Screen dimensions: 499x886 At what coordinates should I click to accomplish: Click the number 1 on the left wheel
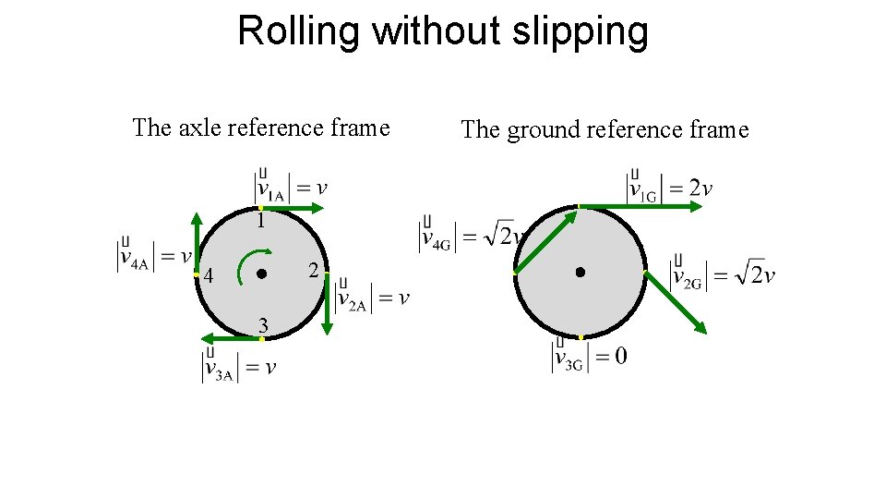point(261,222)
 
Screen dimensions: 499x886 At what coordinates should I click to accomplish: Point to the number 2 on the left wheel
point(314,272)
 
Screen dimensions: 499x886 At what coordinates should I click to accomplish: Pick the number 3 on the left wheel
point(263,325)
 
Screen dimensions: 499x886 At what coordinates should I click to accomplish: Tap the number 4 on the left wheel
point(210,276)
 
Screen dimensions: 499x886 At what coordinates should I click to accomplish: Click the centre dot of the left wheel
point(261,274)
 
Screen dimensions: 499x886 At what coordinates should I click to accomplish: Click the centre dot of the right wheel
point(580,272)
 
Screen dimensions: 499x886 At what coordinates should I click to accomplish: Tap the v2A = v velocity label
point(373,296)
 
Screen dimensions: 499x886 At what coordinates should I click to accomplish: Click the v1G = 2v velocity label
point(670,187)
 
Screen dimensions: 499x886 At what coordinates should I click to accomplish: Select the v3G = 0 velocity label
point(590,357)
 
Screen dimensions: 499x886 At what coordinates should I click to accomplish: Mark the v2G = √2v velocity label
point(724,274)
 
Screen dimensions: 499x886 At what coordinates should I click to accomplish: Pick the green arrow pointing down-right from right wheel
point(676,302)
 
